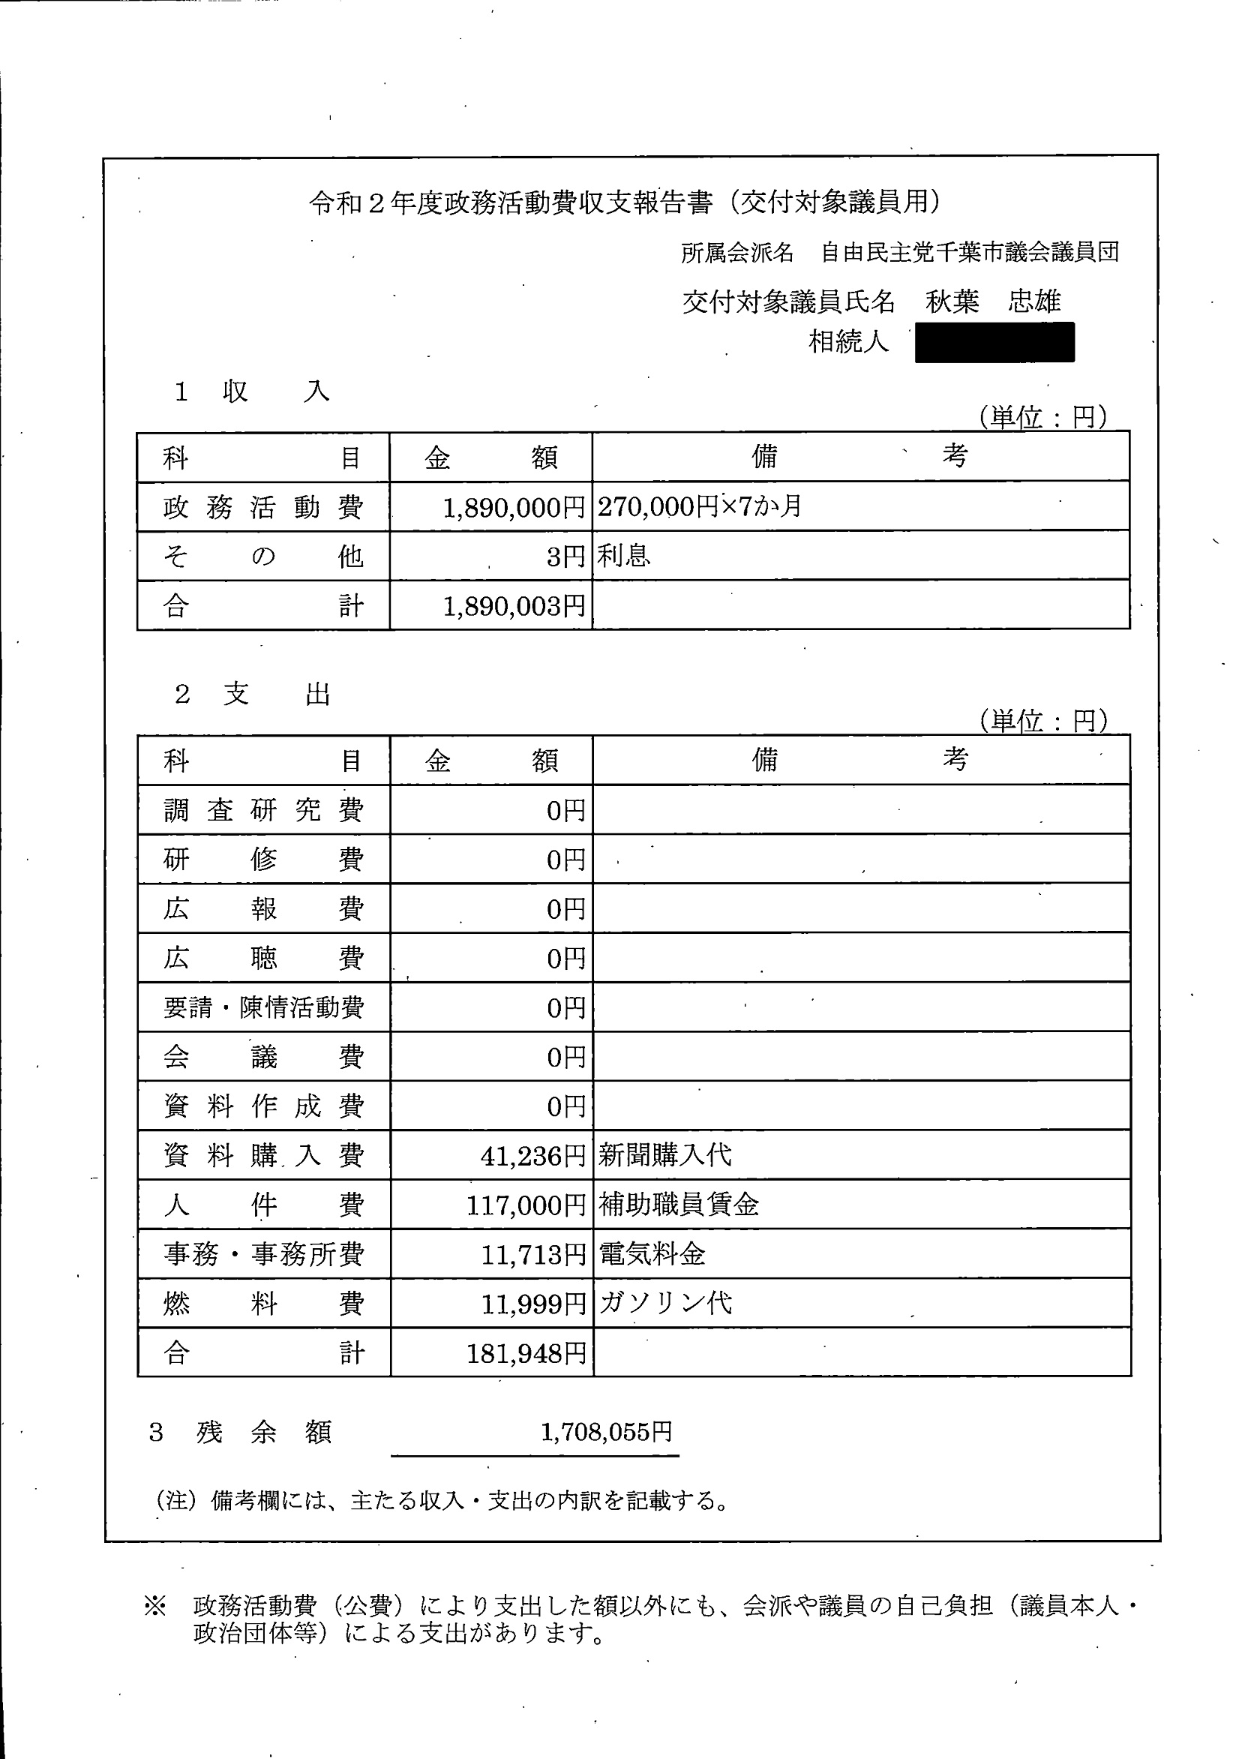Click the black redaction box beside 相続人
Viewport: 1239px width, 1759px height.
tap(994, 343)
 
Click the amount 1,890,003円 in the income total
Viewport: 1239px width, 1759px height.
tap(514, 607)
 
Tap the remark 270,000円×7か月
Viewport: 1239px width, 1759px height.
tap(699, 506)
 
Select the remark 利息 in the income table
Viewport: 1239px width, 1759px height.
tap(624, 556)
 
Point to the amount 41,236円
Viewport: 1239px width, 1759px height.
tap(532, 1156)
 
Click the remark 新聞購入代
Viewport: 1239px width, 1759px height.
tap(664, 1155)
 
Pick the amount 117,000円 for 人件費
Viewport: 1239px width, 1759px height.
tap(526, 1206)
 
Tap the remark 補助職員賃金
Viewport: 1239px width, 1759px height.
tap(678, 1205)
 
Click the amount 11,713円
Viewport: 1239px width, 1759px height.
tap(532, 1255)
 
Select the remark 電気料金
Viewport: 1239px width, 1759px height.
tap(651, 1255)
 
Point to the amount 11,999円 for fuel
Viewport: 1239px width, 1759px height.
tap(532, 1304)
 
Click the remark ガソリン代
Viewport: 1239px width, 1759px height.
tap(664, 1303)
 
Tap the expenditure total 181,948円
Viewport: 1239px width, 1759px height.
tap(526, 1354)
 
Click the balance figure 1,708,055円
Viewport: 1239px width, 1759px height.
tap(606, 1432)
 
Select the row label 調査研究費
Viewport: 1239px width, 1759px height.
tap(262, 810)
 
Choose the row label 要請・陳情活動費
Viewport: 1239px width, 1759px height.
tap(262, 1007)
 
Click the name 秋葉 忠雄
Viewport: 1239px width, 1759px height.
tap(993, 302)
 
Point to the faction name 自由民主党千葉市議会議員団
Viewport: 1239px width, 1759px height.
tap(969, 252)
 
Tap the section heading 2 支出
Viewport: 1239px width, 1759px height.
tap(253, 695)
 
